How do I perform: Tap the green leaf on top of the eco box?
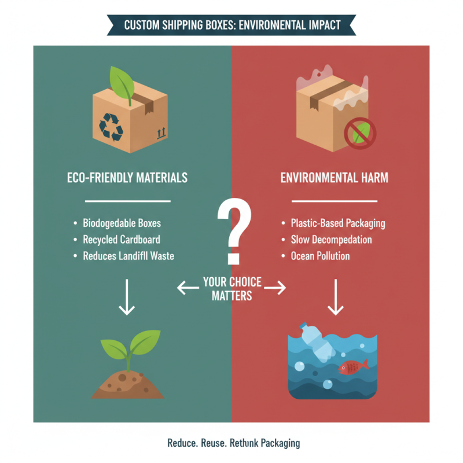pyautogui.click(x=127, y=82)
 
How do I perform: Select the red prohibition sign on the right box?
pyautogui.click(x=360, y=134)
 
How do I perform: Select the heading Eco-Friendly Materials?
pyautogui.click(x=127, y=178)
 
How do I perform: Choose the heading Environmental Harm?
pyautogui.click(x=334, y=178)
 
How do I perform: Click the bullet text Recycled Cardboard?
pyautogui.click(x=122, y=239)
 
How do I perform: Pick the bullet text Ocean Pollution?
pyautogui.click(x=320, y=255)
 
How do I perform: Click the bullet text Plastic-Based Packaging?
pyautogui.click(x=338, y=223)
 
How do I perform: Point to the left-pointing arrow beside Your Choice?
pyautogui.click(x=188, y=288)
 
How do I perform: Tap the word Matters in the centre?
pyautogui.click(x=231, y=296)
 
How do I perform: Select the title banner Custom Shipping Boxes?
pyautogui.click(x=232, y=25)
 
